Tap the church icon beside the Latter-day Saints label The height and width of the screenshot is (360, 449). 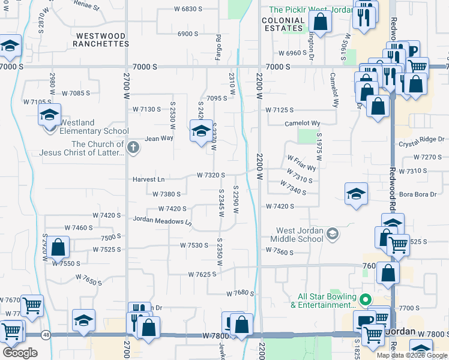(133, 146)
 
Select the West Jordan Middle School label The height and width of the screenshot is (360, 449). (300, 235)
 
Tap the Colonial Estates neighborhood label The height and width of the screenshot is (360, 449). (283, 24)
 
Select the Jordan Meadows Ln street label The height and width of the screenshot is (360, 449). (162, 221)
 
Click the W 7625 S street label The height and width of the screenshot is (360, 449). (206, 274)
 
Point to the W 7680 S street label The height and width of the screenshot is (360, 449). (240, 293)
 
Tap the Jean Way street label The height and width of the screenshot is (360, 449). (158, 138)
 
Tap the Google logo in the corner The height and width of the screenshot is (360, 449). (20, 352)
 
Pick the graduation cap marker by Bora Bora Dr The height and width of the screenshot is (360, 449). (356, 194)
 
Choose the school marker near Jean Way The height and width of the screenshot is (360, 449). (201, 131)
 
